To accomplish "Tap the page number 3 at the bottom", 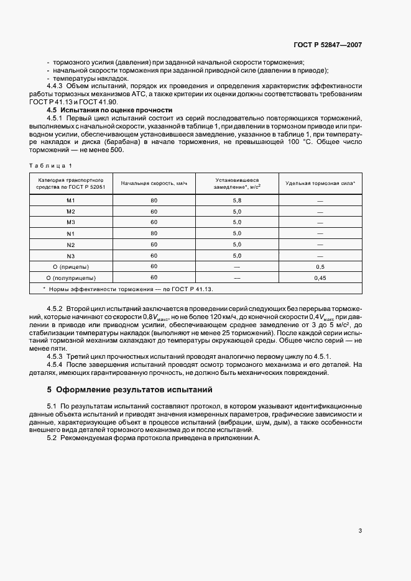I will (360, 531).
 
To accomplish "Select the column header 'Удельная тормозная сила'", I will (320, 184).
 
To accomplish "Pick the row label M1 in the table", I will (70, 200).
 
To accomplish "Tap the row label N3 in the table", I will (70, 256).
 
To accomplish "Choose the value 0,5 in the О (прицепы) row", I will (320, 267).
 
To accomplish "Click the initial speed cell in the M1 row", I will (154, 200).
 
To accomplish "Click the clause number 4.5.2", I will (55, 309).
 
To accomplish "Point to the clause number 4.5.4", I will (55, 364).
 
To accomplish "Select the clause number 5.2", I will (52, 438).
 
